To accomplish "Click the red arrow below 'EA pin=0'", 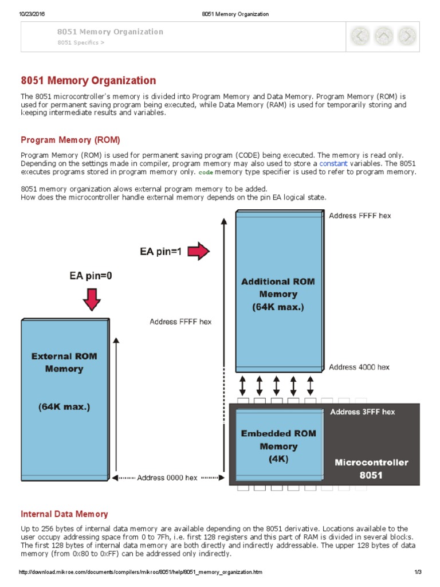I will [91, 299].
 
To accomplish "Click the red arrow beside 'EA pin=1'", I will [198, 251].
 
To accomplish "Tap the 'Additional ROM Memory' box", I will [278, 293].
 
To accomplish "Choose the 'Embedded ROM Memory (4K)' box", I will [278, 445].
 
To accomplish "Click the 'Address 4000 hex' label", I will [359, 367].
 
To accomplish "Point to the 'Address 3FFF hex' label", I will [362, 412].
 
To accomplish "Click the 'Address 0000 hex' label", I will [167, 478].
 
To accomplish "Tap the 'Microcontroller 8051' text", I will [371, 468].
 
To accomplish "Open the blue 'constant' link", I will [333, 163].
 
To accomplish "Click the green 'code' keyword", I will [205, 173].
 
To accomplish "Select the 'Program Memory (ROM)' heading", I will [70, 140].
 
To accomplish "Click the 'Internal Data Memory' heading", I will [64, 514].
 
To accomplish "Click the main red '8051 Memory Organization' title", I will [88, 81].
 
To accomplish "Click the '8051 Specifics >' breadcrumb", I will [81, 42].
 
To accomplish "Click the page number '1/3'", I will [418, 572].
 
